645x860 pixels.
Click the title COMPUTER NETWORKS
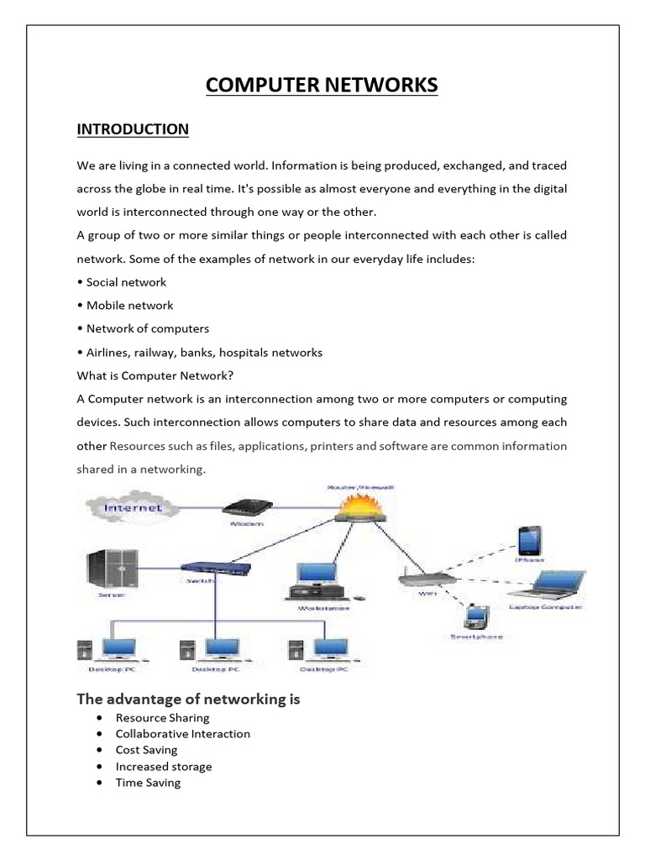[322, 86]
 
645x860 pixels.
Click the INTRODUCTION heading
[133, 129]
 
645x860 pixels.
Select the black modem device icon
[245, 508]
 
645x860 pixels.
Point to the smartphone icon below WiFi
[477, 617]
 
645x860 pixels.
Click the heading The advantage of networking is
[188, 699]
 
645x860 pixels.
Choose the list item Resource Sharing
[162, 718]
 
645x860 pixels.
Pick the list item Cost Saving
[146, 750]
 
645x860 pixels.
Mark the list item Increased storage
[163, 766]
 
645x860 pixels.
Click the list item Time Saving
[148, 783]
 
